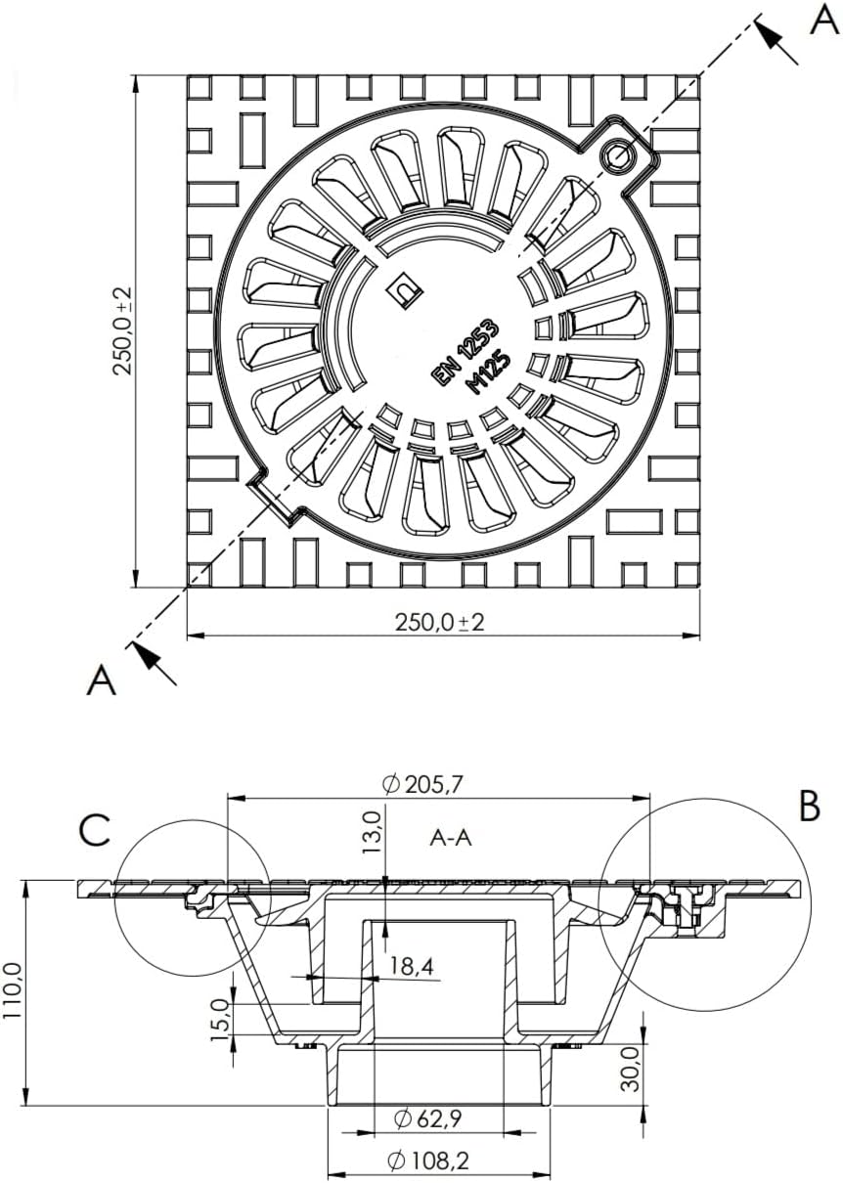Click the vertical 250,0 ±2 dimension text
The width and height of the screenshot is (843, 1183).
click(123, 331)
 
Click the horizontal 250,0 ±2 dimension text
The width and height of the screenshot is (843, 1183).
click(440, 623)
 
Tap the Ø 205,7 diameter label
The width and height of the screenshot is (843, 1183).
click(422, 785)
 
